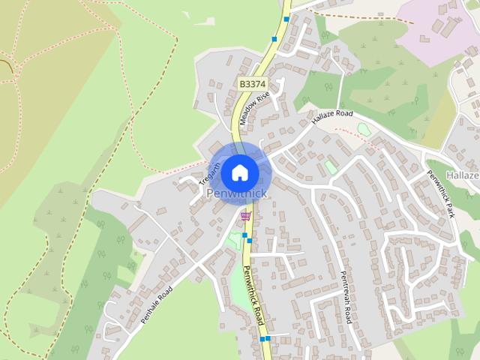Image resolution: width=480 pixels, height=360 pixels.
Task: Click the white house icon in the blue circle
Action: click(240, 172)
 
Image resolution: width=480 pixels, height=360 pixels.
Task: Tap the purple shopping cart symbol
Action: click(245, 216)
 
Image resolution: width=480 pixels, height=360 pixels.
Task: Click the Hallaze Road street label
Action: click(332, 116)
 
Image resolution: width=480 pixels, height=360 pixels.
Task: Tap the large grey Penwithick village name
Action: click(235, 194)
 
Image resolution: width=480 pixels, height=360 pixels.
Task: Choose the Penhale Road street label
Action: click(156, 305)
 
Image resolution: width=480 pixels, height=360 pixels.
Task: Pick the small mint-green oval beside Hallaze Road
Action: click(364, 129)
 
